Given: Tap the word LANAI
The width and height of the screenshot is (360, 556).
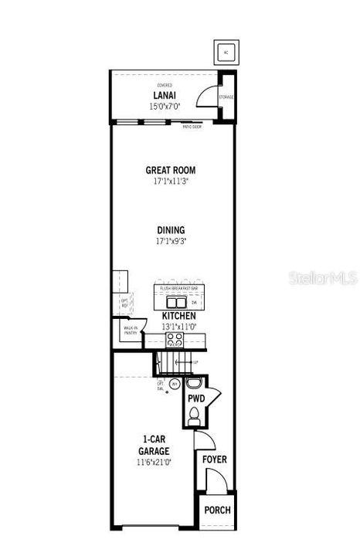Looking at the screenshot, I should point(167,96).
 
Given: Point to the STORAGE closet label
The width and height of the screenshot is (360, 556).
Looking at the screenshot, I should point(226,97).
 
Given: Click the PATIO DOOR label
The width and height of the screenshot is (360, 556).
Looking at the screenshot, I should point(192,127).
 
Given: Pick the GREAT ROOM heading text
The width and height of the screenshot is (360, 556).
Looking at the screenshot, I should point(170,170).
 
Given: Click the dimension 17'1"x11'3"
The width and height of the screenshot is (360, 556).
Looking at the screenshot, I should point(170,181).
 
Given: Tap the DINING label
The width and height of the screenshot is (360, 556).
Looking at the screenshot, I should point(170,230).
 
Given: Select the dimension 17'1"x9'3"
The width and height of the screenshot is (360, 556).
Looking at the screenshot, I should point(170,241).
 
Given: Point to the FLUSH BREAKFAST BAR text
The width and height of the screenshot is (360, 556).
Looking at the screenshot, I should point(178,288).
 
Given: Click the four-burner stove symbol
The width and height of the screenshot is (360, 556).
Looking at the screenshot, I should point(175,337).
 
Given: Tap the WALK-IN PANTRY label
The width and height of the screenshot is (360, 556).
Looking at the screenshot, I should point(130,331).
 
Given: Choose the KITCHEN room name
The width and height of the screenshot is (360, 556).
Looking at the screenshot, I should point(178,317).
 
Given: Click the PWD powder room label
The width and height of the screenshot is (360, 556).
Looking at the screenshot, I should point(195,398).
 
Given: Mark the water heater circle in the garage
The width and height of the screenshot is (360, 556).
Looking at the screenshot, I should point(175,384).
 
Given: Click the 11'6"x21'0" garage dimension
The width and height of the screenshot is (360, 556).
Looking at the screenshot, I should point(155,462).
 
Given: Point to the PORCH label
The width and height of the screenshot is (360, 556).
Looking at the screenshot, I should point(216,511).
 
